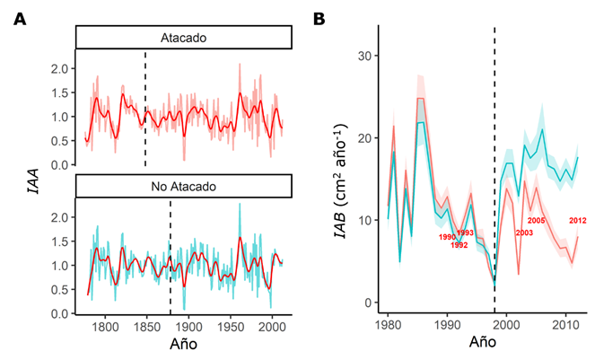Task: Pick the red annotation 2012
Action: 578,222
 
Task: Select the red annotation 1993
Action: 465,233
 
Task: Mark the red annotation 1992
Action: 459,244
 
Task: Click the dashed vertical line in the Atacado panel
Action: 145,108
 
